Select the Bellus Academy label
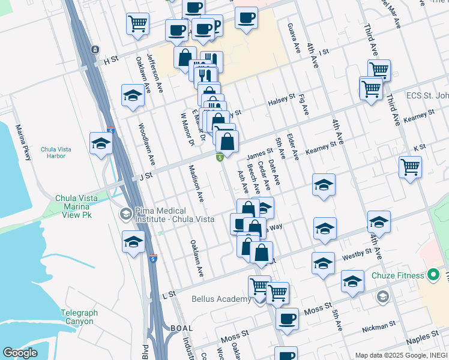221,299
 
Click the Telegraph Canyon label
79,317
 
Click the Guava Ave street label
296,39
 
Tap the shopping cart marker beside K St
410,167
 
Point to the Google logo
20,353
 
